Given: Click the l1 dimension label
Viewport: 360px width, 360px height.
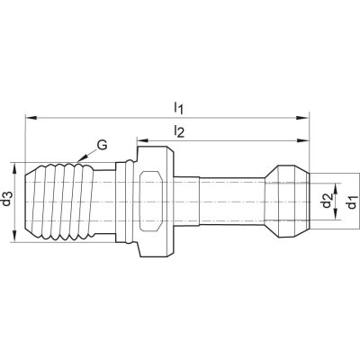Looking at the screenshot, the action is [178, 108].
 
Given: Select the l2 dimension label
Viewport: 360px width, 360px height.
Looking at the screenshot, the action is [179, 131].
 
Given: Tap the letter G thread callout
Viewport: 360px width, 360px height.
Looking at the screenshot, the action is [102, 145].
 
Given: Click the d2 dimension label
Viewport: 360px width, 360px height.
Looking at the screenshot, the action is [327, 201].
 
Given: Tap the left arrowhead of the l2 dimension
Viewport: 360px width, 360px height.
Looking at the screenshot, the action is [143, 140].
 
